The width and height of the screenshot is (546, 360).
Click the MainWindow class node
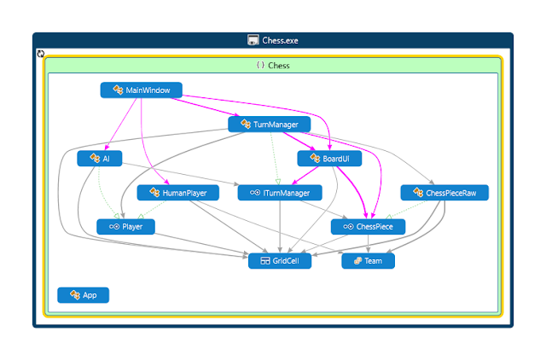pyautogui.click(x=141, y=90)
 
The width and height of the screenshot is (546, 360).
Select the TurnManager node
pyautogui.click(x=270, y=125)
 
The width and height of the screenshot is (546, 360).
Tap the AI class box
pyautogui.click(x=100, y=159)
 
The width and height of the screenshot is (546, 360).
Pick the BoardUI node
pyautogui.click(x=329, y=159)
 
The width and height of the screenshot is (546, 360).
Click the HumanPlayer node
pyautogui.click(x=178, y=193)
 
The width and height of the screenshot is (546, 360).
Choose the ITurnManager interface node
pyautogui.click(x=280, y=193)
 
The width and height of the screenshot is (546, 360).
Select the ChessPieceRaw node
pyautogui.click(x=444, y=193)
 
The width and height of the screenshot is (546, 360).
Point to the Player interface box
pyautogui.click(x=125, y=227)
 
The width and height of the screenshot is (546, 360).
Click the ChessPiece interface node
pyautogui.click(x=368, y=227)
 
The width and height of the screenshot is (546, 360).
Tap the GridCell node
pyautogui.click(x=280, y=261)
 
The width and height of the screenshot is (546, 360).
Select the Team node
pyautogui.click(x=368, y=261)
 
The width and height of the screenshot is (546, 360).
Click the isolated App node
pyautogui.click(x=84, y=295)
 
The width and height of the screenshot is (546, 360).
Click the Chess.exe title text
pyautogui.click(x=280, y=41)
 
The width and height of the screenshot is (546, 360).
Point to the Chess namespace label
pyautogui.click(x=279, y=66)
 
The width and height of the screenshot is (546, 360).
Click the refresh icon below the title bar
pyautogui.click(x=41, y=54)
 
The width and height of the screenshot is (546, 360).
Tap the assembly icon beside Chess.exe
pyautogui.click(x=253, y=40)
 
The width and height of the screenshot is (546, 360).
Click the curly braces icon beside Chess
pyautogui.click(x=260, y=65)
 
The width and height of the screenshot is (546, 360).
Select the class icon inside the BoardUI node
pyautogui.click(x=315, y=158)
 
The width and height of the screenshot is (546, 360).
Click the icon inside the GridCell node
pyautogui.click(x=265, y=261)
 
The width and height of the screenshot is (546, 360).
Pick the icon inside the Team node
pyautogui.click(x=357, y=261)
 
